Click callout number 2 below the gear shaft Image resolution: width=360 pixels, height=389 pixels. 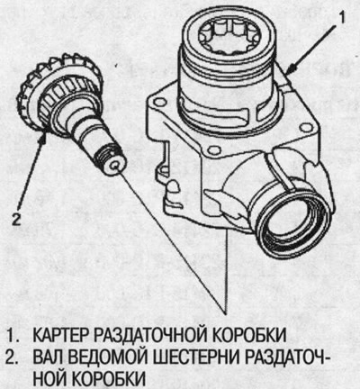(13, 216)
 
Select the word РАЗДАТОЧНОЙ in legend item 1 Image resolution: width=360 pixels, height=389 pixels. (153, 335)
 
